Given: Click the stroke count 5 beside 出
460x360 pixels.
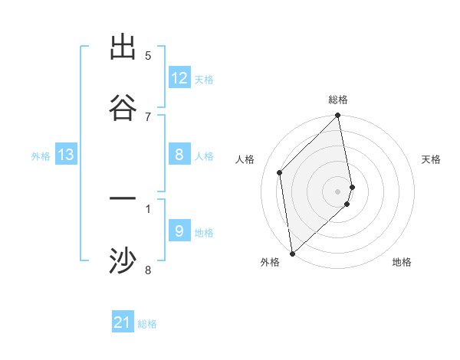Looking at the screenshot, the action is click(x=148, y=55).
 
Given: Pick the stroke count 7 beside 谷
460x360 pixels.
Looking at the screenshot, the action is click(x=148, y=116).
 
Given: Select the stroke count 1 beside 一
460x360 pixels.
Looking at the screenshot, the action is click(x=148, y=208).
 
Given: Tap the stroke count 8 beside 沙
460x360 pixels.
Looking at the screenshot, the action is click(x=148, y=270).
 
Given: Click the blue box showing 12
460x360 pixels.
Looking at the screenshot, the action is click(x=179, y=78).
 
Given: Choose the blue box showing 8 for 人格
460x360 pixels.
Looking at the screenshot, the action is click(x=179, y=155).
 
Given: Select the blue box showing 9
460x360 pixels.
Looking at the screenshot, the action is click(x=179, y=231).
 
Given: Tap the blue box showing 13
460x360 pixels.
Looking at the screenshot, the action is click(x=66, y=155).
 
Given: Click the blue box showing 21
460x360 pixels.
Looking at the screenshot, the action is click(x=123, y=322).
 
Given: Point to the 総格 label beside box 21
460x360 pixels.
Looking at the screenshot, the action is click(x=147, y=324).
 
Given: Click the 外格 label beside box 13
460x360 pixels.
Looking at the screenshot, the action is click(x=41, y=156).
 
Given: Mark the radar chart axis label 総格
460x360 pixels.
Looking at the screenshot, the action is click(x=338, y=100).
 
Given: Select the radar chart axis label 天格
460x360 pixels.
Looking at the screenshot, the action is click(x=431, y=159).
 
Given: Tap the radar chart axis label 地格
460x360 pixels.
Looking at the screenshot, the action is click(x=402, y=262).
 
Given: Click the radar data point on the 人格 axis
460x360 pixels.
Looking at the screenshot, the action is click(x=280, y=172).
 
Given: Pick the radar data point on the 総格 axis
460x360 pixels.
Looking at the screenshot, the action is click(x=338, y=116).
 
